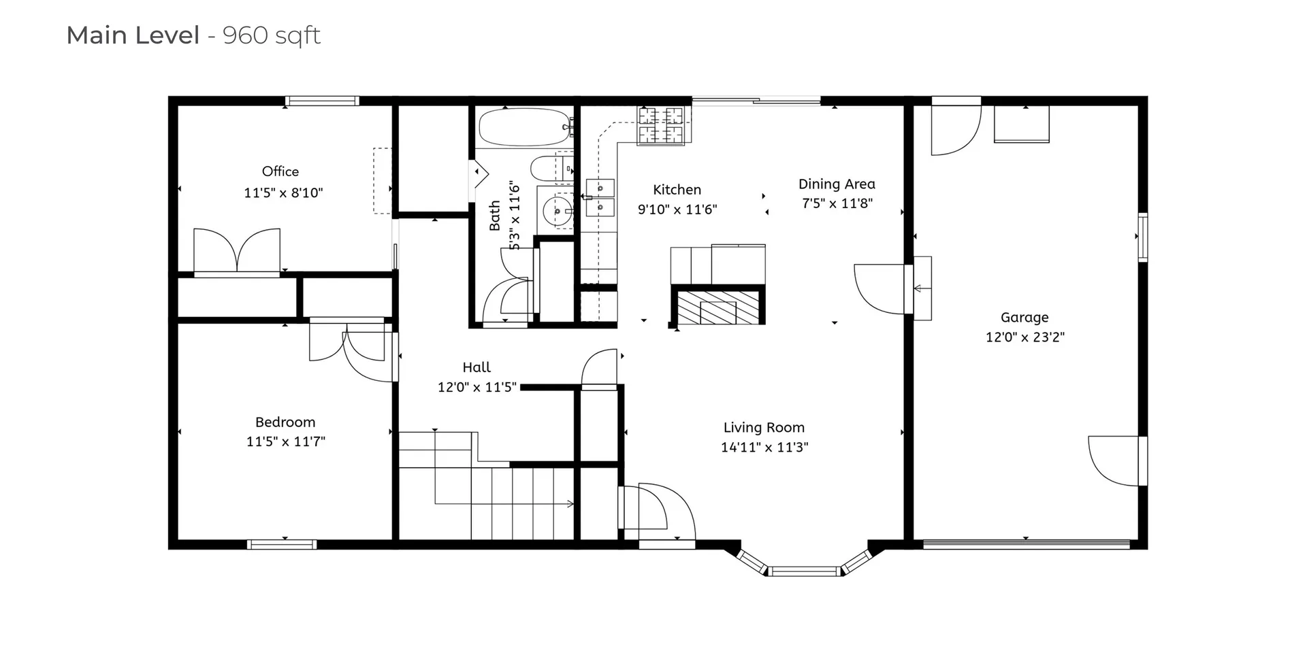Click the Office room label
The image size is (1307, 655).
(280, 171)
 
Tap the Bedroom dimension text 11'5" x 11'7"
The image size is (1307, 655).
(285, 441)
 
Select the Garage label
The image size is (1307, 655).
(1024, 317)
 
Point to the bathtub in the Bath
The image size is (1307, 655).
(523, 128)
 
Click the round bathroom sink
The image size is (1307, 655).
(557, 212)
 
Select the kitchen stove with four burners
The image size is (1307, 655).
(660, 125)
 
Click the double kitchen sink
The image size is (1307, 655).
(600, 197)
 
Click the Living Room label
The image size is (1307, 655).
(763, 427)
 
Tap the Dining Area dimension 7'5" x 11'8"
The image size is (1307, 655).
(837, 203)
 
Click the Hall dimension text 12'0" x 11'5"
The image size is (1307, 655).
(477, 387)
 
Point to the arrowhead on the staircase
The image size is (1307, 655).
(570, 504)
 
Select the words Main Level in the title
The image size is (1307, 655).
(133, 35)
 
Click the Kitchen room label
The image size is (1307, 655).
(677, 190)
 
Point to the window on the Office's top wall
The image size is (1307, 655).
(321, 101)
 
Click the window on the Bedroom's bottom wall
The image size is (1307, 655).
(281, 544)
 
